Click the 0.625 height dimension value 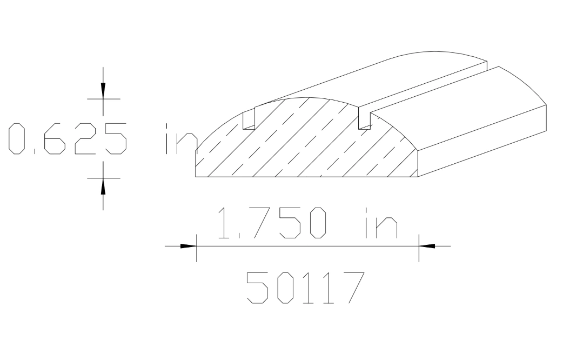click(67, 138)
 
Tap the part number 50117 click(303, 288)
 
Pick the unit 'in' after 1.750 click(380, 223)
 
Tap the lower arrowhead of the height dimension click(103, 185)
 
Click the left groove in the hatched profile click(249, 119)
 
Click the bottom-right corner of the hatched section click(419, 177)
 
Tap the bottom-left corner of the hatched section click(196, 177)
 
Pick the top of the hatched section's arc click(307, 98)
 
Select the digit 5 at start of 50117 click(258, 288)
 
